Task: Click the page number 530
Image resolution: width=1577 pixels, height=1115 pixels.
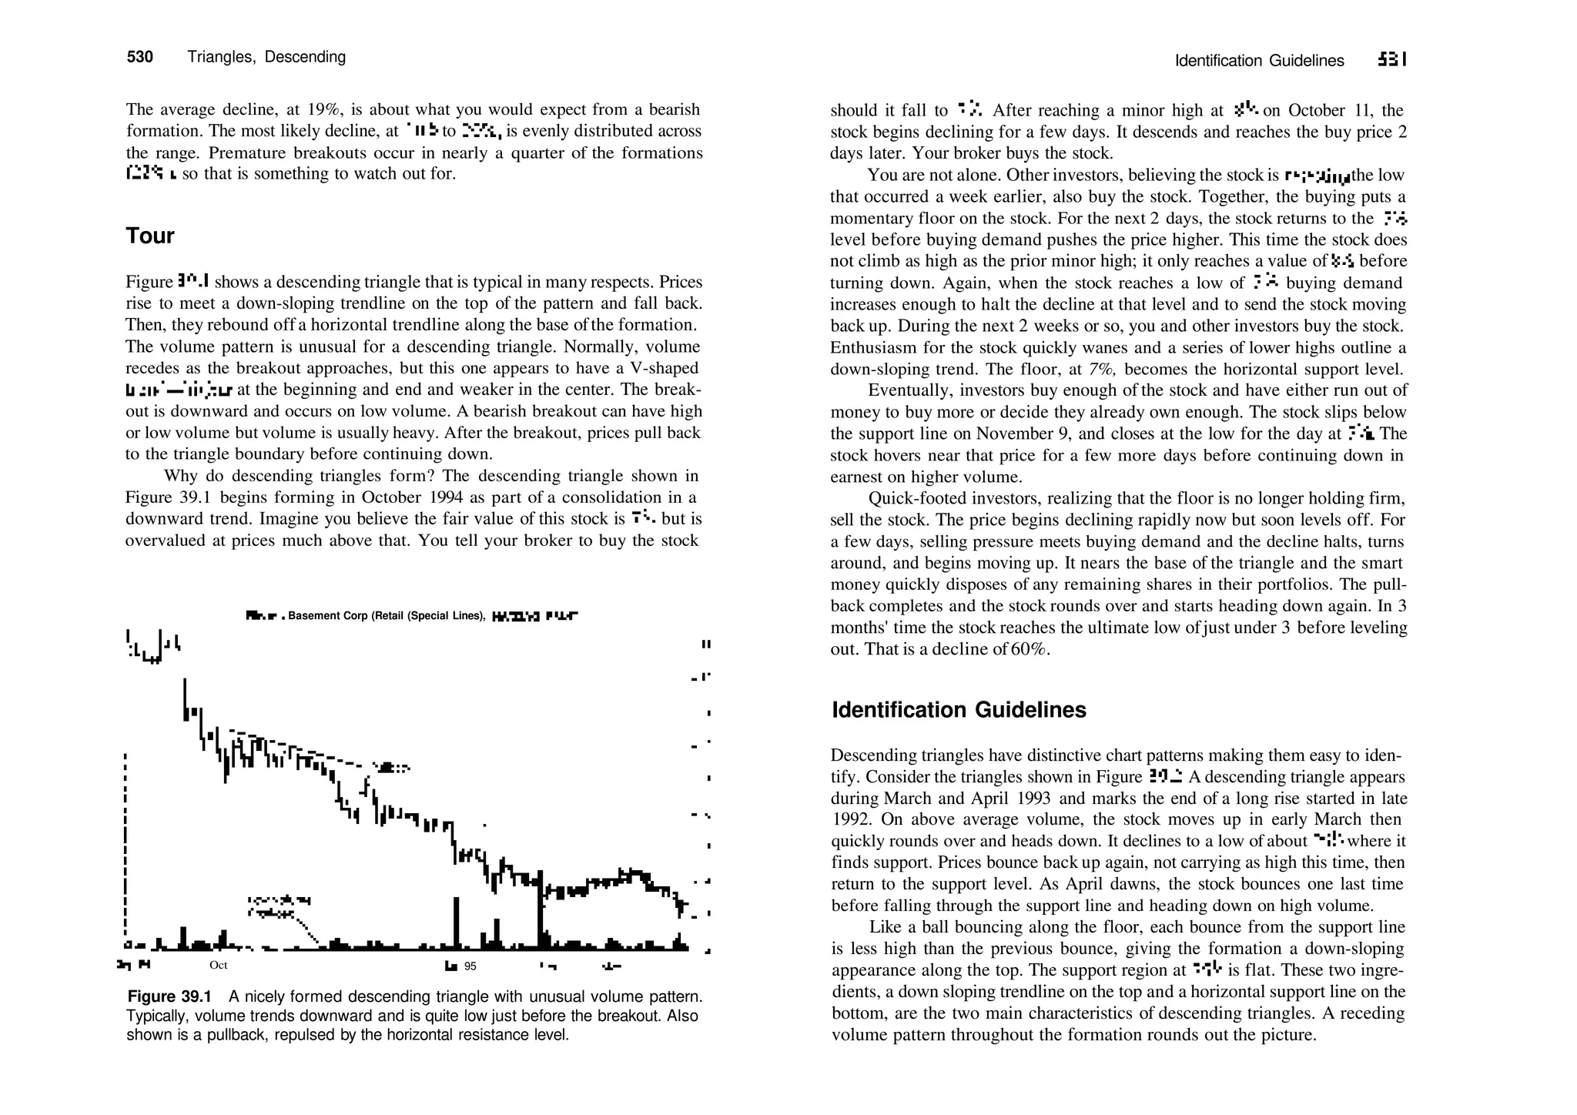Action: click(x=139, y=57)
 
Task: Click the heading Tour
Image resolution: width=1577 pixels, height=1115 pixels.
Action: click(x=150, y=236)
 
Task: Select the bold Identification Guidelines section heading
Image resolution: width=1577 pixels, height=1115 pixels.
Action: click(x=959, y=710)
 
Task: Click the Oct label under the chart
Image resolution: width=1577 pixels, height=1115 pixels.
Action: click(x=218, y=966)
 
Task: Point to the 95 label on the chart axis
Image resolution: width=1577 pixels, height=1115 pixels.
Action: click(x=470, y=966)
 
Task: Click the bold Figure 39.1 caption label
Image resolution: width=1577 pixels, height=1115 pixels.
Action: click(x=169, y=997)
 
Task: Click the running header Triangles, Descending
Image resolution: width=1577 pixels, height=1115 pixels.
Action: click(x=266, y=57)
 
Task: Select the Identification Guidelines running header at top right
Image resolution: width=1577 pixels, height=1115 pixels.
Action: click(x=1259, y=61)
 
